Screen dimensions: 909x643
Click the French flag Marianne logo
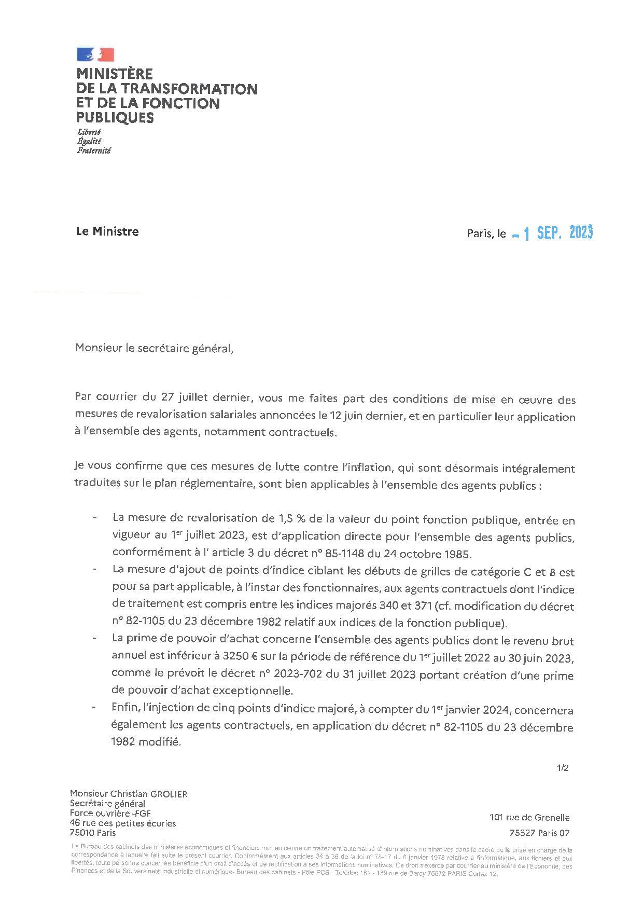point(95,54)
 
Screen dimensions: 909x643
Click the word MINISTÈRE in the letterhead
point(115,74)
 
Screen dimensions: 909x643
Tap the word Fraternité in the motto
point(94,151)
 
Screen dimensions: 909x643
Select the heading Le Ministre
point(107,231)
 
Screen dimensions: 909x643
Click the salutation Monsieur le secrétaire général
point(155,348)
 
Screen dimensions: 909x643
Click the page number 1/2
point(563,768)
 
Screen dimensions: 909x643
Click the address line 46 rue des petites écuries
point(123,823)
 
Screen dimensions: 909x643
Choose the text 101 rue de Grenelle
point(529,818)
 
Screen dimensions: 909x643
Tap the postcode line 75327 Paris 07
point(539,834)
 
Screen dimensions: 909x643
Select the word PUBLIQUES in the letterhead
point(115,118)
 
